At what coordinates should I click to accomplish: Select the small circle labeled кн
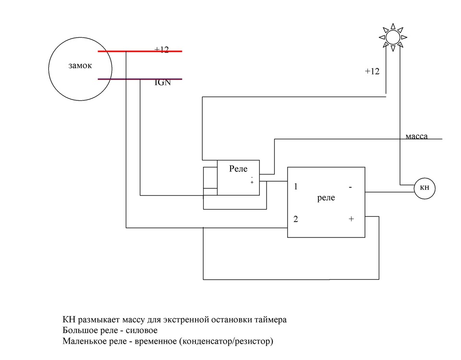click(425, 189)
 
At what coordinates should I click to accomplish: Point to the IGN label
click(162, 83)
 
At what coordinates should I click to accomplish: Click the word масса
click(416, 137)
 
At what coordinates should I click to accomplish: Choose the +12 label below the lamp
click(372, 71)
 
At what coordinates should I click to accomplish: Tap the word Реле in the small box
click(238, 170)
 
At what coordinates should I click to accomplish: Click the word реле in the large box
click(327, 198)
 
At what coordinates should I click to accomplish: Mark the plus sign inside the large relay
click(351, 219)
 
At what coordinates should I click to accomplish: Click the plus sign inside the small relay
click(252, 183)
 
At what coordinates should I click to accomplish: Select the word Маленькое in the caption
click(86, 342)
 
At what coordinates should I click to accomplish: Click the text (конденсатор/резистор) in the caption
click(227, 342)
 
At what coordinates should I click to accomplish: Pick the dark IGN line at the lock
click(139, 79)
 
